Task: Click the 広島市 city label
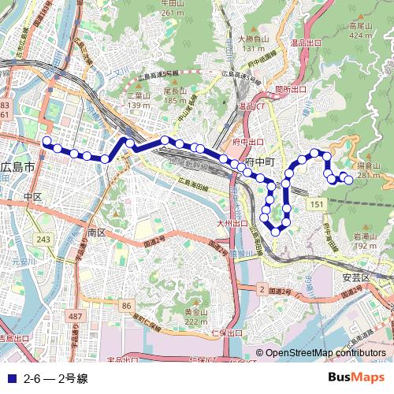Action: point(17,167)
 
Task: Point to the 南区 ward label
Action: point(96,233)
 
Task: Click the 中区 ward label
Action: point(32,196)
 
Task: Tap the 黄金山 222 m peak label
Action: point(195,316)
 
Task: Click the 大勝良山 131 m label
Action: point(252,43)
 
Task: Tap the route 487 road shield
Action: point(74,316)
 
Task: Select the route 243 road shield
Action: point(44,239)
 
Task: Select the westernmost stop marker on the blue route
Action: point(46,142)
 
